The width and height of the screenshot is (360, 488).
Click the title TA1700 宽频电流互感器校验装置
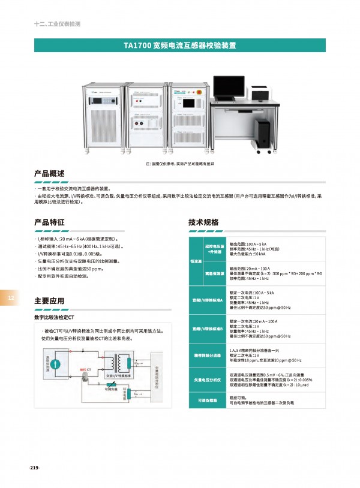[179, 45]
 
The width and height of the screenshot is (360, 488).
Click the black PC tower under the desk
[262, 133]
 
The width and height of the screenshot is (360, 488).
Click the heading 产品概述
[49, 174]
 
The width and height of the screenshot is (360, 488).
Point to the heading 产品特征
[49, 222]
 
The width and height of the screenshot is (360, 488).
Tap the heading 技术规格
[203, 222]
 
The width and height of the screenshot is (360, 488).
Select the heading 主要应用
[49, 301]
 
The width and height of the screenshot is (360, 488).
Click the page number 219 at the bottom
[34, 468]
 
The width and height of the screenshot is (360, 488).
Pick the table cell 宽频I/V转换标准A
[207, 299]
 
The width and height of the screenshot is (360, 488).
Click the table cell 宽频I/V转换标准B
[207, 329]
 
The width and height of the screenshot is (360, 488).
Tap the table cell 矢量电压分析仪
[207, 380]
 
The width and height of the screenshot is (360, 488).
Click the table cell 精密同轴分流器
[207, 355]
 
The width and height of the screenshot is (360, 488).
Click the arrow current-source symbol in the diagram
[55, 363]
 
